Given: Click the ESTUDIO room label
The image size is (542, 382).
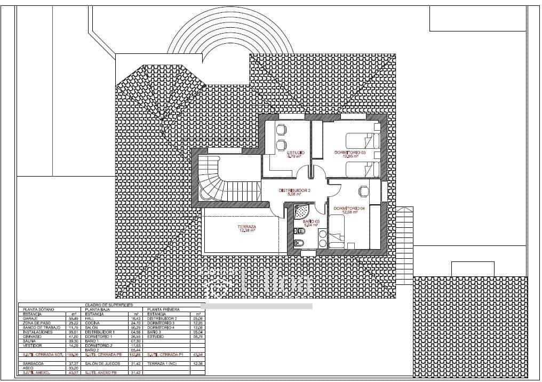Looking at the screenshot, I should [295, 153].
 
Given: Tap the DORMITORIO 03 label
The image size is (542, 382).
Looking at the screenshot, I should [350, 153].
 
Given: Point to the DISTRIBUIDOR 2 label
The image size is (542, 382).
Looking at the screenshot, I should [294, 190].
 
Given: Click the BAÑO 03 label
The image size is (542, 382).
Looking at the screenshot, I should [310, 221].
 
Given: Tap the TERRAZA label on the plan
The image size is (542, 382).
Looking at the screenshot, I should [246, 227].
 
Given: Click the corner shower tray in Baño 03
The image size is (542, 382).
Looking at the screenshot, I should [301, 212].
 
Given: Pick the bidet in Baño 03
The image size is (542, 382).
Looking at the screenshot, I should [299, 243].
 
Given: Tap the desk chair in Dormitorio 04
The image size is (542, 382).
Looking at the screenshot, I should [363, 190].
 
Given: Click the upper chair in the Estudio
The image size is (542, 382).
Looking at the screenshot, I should [281, 129].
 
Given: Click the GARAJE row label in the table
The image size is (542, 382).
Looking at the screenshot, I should [29, 319].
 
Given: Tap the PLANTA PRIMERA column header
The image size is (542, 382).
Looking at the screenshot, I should [163, 309].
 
